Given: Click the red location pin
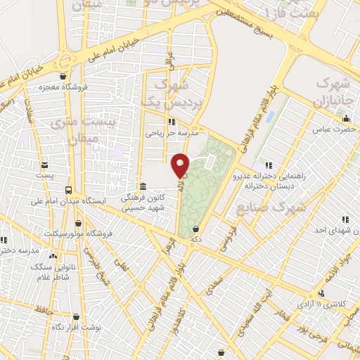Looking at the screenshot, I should point(181,165).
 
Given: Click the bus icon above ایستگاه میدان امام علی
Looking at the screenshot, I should point(68,190).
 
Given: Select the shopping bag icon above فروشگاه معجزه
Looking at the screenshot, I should point(64,77).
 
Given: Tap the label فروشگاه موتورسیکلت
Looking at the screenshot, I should point(75,233).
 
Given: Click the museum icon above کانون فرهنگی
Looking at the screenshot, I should point(143,186).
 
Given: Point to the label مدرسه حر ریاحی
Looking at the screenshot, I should point(173,131).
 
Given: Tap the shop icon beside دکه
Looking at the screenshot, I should point(195,229).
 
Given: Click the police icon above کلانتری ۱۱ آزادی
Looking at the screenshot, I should point(321,292).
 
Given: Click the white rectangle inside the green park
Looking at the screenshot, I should point(209,162).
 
